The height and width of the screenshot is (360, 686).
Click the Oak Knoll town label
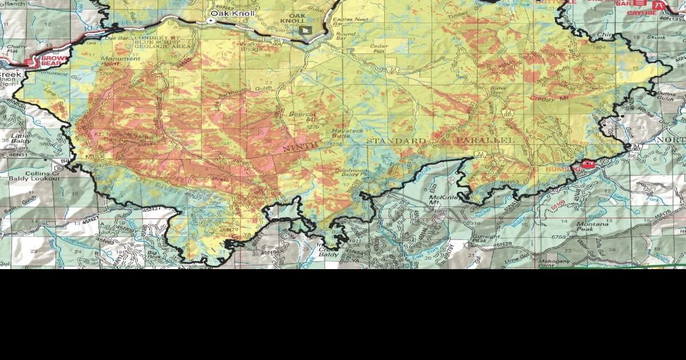233,13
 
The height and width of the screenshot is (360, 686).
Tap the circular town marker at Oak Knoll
210,21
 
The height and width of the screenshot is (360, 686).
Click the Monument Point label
119,62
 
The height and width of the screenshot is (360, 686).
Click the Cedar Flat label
378,49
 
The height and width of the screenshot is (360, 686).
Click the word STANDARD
396,141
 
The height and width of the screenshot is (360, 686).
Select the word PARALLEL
486,140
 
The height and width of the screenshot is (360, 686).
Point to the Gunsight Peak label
486,239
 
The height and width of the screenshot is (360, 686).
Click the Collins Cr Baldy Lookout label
34,175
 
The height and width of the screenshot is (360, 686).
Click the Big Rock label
153,254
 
